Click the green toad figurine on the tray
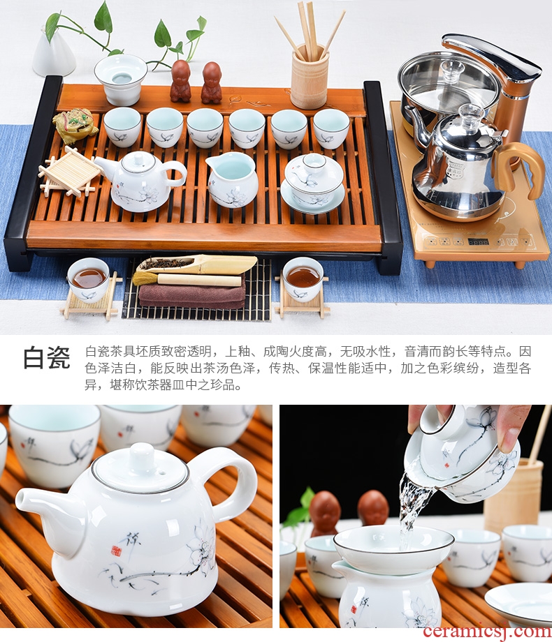tap(75, 124)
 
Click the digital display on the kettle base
tap(478, 241)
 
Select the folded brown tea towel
tap(192, 296)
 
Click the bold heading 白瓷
tap(47, 357)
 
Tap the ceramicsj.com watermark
tap(487, 632)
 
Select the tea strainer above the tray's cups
tap(120, 79)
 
